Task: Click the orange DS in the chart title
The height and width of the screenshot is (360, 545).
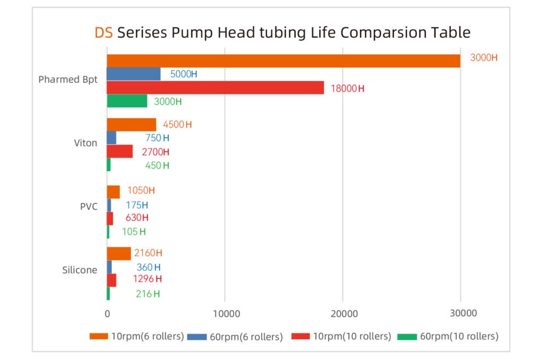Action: pyautogui.click(x=104, y=32)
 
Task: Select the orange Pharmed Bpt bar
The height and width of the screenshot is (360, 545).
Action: pyautogui.click(x=283, y=61)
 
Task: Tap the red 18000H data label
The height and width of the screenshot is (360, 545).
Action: pyautogui.click(x=348, y=88)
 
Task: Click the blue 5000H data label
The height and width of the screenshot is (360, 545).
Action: pyautogui.click(x=184, y=74)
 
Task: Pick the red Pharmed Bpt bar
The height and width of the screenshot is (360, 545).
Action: pyautogui.click(x=215, y=88)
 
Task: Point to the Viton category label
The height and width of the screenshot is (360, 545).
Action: pyautogui.click(x=85, y=143)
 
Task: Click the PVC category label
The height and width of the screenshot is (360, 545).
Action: pyautogui.click(x=88, y=206)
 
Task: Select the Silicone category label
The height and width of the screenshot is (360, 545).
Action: pyautogui.click(x=80, y=270)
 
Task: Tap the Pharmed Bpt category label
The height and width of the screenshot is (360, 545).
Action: pyautogui.click(x=68, y=80)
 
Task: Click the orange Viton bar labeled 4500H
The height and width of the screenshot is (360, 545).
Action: pyautogui.click(x=131, y=124)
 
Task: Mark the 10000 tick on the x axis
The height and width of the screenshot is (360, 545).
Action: pyautogui.click(x=225, y=314)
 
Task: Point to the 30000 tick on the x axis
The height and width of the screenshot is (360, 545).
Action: pyautogui.click(x=460, y=314)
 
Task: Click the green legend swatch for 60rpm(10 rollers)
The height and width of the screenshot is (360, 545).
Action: pyautogui.click(x=407, y=336)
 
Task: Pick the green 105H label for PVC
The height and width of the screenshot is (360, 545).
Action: pyautogui.click(x=134, y=232)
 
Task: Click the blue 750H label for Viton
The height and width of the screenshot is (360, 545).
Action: pyautogui.click(x=157, y=138)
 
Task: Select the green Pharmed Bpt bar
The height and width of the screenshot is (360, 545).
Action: pyautogui.click(x=127, y=101)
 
